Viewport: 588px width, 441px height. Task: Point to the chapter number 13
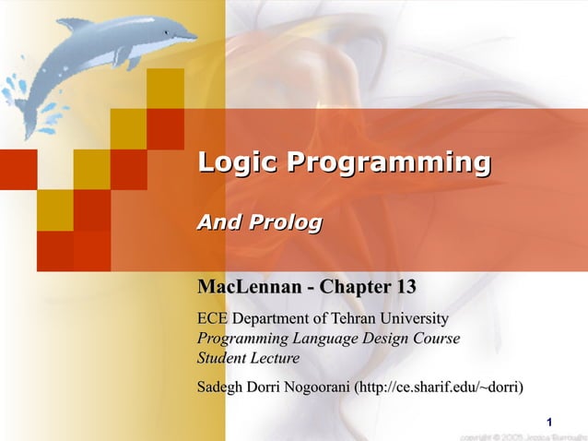404,287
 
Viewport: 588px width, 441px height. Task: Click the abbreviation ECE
213,319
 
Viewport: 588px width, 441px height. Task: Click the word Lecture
276,358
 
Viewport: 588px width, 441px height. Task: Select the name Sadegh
222,387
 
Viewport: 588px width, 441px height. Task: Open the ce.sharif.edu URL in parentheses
439,387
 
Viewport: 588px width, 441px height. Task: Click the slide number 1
549,423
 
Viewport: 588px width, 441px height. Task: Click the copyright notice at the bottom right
522,435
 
